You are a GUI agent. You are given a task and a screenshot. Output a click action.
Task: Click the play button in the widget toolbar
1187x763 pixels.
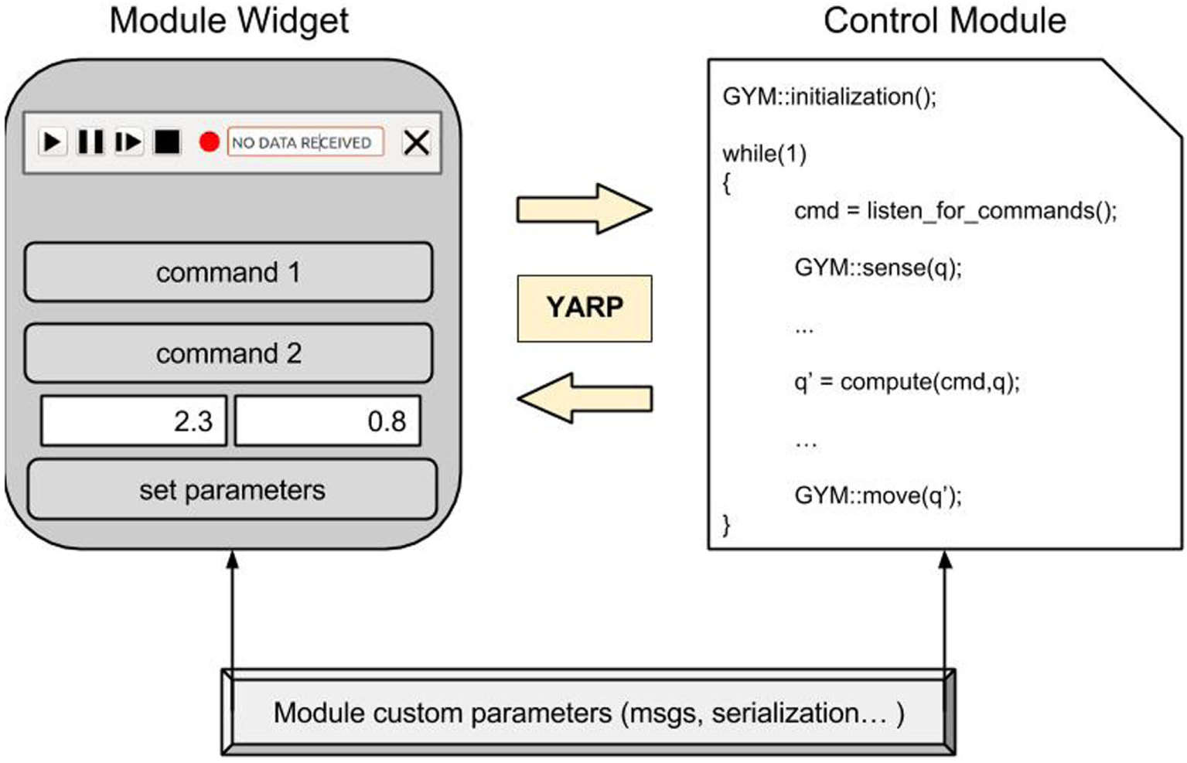52,142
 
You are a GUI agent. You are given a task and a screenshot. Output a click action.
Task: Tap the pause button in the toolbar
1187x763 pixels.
90,142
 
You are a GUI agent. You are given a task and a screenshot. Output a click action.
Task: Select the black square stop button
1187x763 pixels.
167,142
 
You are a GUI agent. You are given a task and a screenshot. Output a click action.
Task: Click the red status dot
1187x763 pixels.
209,142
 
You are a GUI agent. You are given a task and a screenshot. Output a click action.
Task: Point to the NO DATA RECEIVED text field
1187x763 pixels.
305,142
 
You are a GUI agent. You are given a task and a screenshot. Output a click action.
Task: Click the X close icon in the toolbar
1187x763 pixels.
416,142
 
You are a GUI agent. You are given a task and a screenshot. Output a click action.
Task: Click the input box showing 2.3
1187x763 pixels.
134,421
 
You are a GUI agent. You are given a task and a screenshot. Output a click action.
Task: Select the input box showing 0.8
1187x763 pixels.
328,421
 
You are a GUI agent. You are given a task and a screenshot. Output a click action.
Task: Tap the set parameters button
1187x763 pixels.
232,490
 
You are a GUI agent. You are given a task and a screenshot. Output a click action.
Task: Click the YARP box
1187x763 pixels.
585,308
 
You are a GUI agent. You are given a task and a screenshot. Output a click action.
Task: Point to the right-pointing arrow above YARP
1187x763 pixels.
584,209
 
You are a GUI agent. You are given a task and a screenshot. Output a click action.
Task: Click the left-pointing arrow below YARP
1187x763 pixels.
585,398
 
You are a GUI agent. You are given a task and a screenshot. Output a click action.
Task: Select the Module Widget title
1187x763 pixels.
229,21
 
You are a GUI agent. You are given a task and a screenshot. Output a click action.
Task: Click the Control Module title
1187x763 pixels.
944,21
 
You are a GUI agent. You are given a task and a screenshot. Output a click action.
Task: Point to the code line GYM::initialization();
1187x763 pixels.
829,97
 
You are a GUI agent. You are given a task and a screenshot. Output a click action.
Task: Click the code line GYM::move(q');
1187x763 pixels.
878,495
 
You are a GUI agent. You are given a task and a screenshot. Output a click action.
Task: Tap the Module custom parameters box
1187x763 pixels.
588,713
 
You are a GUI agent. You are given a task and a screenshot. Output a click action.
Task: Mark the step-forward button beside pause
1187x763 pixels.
128,142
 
